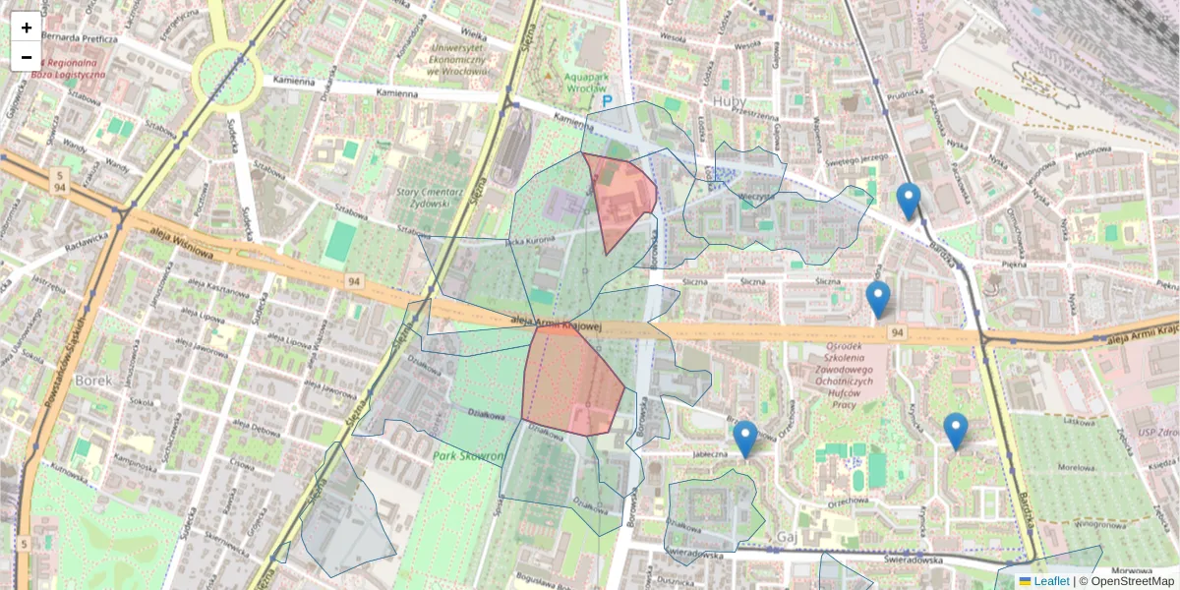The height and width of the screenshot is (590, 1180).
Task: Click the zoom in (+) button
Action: click(x=27, y=28)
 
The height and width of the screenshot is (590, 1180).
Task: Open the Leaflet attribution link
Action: click(x=1050, y=581)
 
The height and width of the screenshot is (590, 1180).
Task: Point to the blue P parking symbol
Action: click(x=607, y=101)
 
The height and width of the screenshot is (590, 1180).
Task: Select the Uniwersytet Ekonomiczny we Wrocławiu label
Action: click(x=453, y=59)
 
